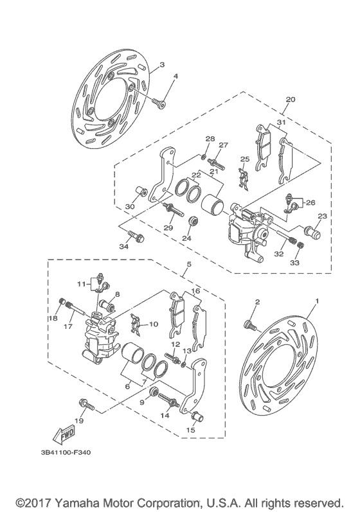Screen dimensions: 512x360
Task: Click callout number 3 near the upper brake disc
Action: tap(162, 65)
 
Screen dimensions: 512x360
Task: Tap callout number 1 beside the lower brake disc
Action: tap(316, 301)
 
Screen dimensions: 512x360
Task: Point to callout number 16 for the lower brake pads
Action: tap(195, 290)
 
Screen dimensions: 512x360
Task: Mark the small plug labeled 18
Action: tap(63, 302)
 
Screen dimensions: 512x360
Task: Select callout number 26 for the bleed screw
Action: tap(311, 203)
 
